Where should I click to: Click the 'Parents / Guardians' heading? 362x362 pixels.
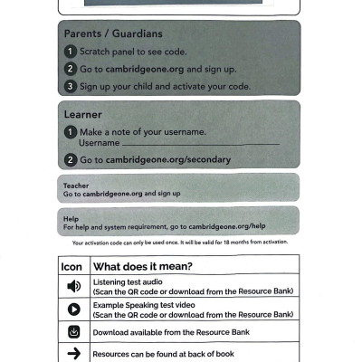(113, 34)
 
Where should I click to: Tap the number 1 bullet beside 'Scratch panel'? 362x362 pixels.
(70, 52)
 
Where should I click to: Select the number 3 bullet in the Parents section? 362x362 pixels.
(70, 86)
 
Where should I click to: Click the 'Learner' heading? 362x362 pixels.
(83, 115)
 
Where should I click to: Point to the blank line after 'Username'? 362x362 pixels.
(200, 144)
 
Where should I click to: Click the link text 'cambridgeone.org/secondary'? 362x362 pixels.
(167, 160)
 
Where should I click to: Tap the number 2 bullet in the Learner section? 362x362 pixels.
(70, 160)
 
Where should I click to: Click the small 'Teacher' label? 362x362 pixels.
(76, 186)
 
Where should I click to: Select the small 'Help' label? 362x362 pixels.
(71, 218)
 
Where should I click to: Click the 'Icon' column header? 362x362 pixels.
(71, 267)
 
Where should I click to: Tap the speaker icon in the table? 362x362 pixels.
(73, 286)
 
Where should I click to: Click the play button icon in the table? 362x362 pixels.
(73, 310)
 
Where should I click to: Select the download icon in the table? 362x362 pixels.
(73, 331)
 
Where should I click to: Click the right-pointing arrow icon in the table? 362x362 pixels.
(73, 353)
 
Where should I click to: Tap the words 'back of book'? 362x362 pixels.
(210, 354)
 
